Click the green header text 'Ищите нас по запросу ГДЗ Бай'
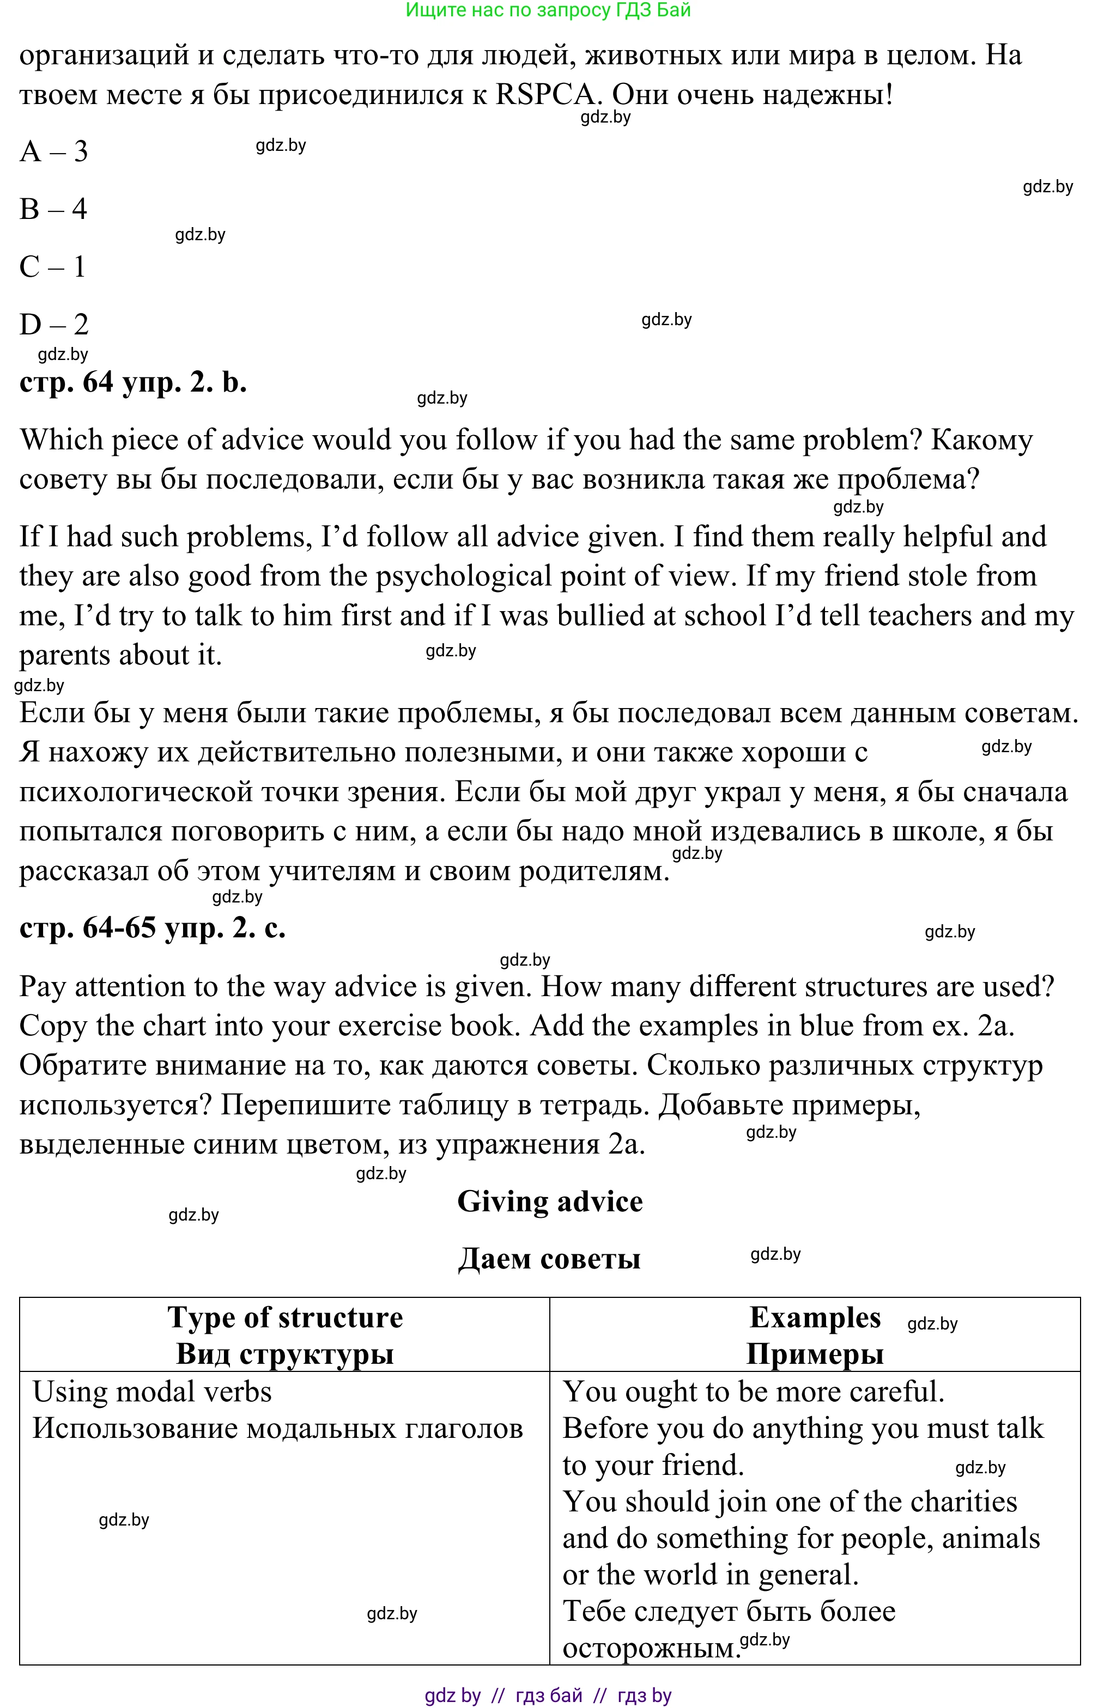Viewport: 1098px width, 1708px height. tap(548, 10)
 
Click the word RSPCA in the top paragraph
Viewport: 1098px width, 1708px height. tap(545, 94)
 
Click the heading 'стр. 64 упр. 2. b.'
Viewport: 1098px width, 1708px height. tap(134, 383)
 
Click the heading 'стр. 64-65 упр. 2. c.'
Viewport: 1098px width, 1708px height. tap(153, 928)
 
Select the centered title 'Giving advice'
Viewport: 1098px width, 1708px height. tap(550, 1201)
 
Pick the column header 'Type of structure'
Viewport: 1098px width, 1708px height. tap(285, 1317)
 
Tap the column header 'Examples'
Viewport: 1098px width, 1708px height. tap(815, 1317)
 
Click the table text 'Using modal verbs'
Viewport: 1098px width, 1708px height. tap(153, 1392)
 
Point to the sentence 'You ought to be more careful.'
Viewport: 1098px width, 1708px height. tap(754, 1392)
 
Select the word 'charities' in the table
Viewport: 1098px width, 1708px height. tap(963, 1502)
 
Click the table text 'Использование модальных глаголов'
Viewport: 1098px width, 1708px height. tap(278, 1428)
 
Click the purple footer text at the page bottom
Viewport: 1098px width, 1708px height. tap(548, 1695)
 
